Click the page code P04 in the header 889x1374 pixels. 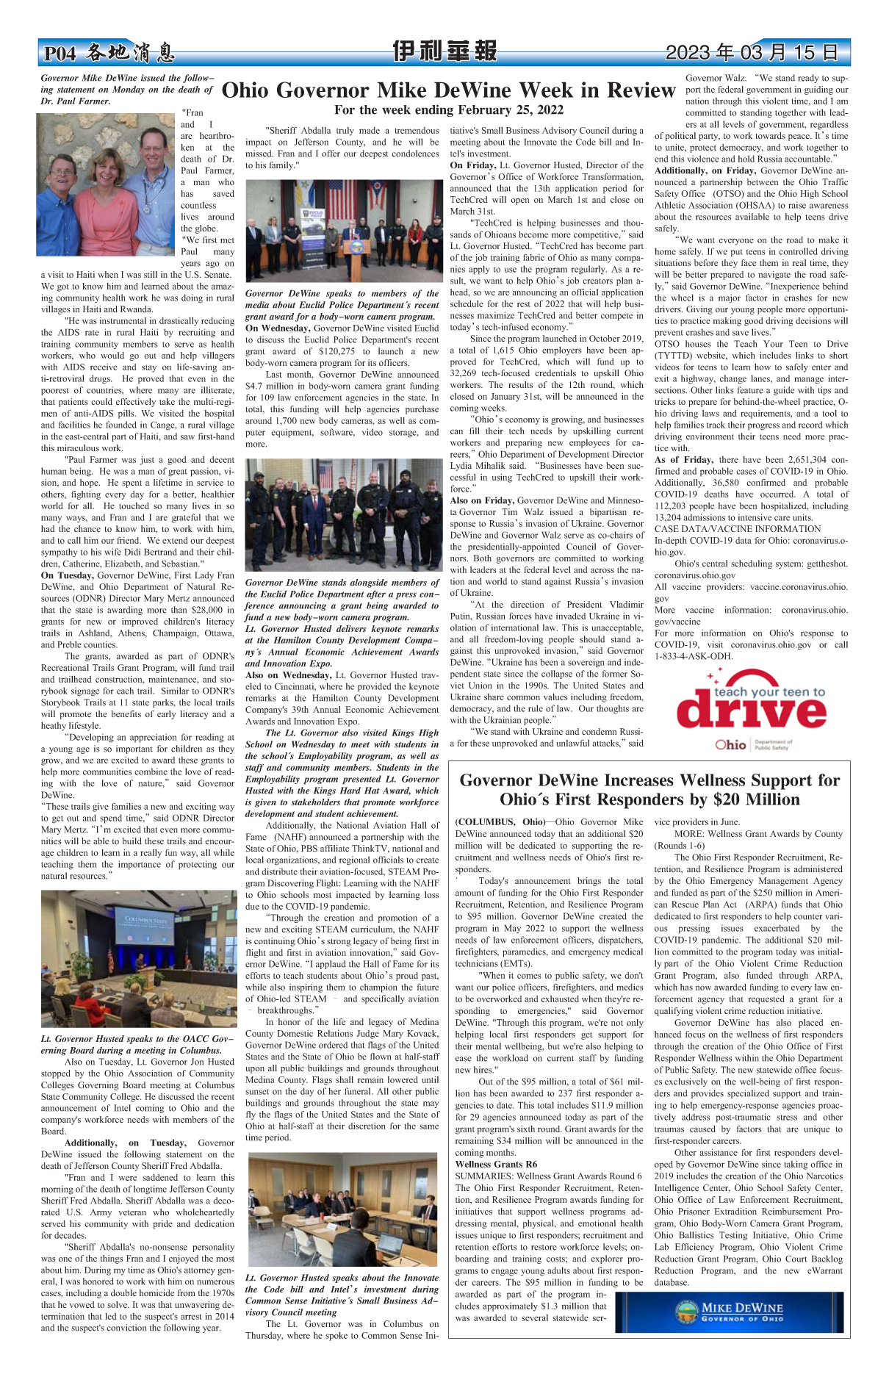pyautogui.click(x=60, y=54)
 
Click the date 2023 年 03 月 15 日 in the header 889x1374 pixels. pyautogui.click(x=752, y=52)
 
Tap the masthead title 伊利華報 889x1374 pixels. pyautogui.click(x=444, y=51)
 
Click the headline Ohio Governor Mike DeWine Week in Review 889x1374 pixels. pyautogui.click(x=448, y=90)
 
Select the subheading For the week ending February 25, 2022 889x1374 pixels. pyautogui.click(x=448, y=110)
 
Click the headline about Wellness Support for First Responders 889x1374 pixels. pyautogui.click(x=649, y=789)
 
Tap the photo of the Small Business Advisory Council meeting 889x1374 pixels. pyautogui.click(x=342, y=1208)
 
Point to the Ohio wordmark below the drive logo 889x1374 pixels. pyautogui.click(x=730, y=744)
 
